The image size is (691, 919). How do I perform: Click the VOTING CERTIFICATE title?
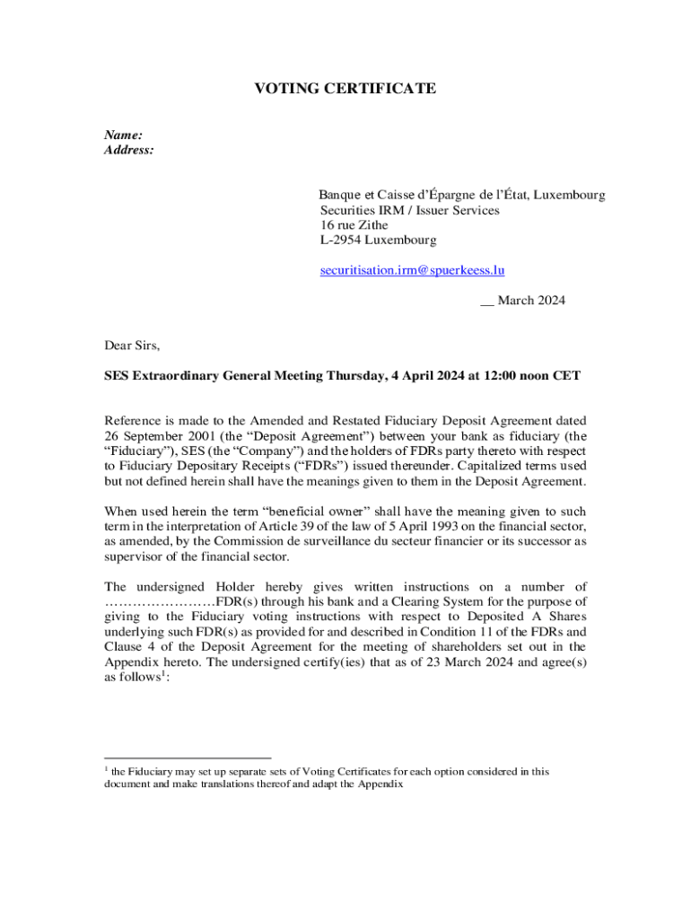click(345, 89)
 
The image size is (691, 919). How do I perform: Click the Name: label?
click(124, 135)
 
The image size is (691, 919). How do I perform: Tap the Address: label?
click(129, 150)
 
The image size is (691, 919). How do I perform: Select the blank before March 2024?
click(486, 301)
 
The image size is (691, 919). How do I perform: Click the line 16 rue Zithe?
click(354, 225)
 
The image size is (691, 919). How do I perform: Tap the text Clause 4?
click(133, 647)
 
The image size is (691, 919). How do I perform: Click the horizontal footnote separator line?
click(188, 758)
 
